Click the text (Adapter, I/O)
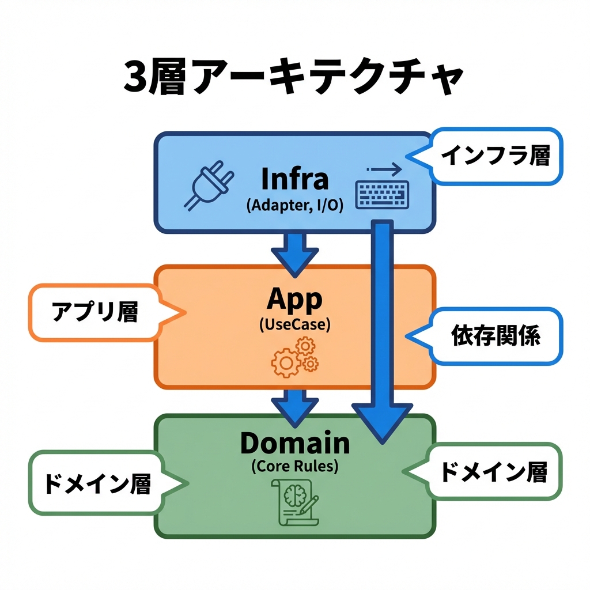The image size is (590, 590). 294,206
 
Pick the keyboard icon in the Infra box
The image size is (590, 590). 383,194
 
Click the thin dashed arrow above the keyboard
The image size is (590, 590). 384,169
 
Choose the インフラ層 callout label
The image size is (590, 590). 495,156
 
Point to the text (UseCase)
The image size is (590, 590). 294,324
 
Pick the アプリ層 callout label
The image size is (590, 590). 95,312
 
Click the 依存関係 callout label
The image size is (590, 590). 496,336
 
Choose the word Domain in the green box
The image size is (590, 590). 294,443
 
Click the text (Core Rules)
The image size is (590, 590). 294,467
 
